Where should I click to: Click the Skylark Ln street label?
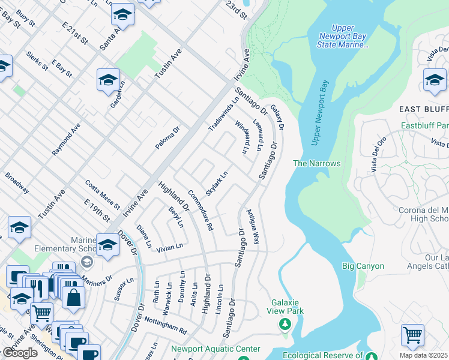point(217,183)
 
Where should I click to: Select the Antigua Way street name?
point(253,230)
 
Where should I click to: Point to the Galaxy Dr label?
point(277,118)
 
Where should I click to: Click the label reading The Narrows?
point(316,163)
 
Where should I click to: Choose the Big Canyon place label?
point(359,265)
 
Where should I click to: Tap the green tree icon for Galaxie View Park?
point(286,324)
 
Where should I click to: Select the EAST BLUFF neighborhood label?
point(424,109)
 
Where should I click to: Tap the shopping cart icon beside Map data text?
point(412,335)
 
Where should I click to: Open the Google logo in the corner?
point(20,353)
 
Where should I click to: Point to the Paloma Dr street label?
point(167,138)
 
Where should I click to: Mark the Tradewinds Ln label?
point(223,114)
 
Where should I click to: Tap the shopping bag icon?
point(73,297)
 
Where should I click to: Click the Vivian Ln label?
point(169,247)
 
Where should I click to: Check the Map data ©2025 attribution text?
point(424,355)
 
